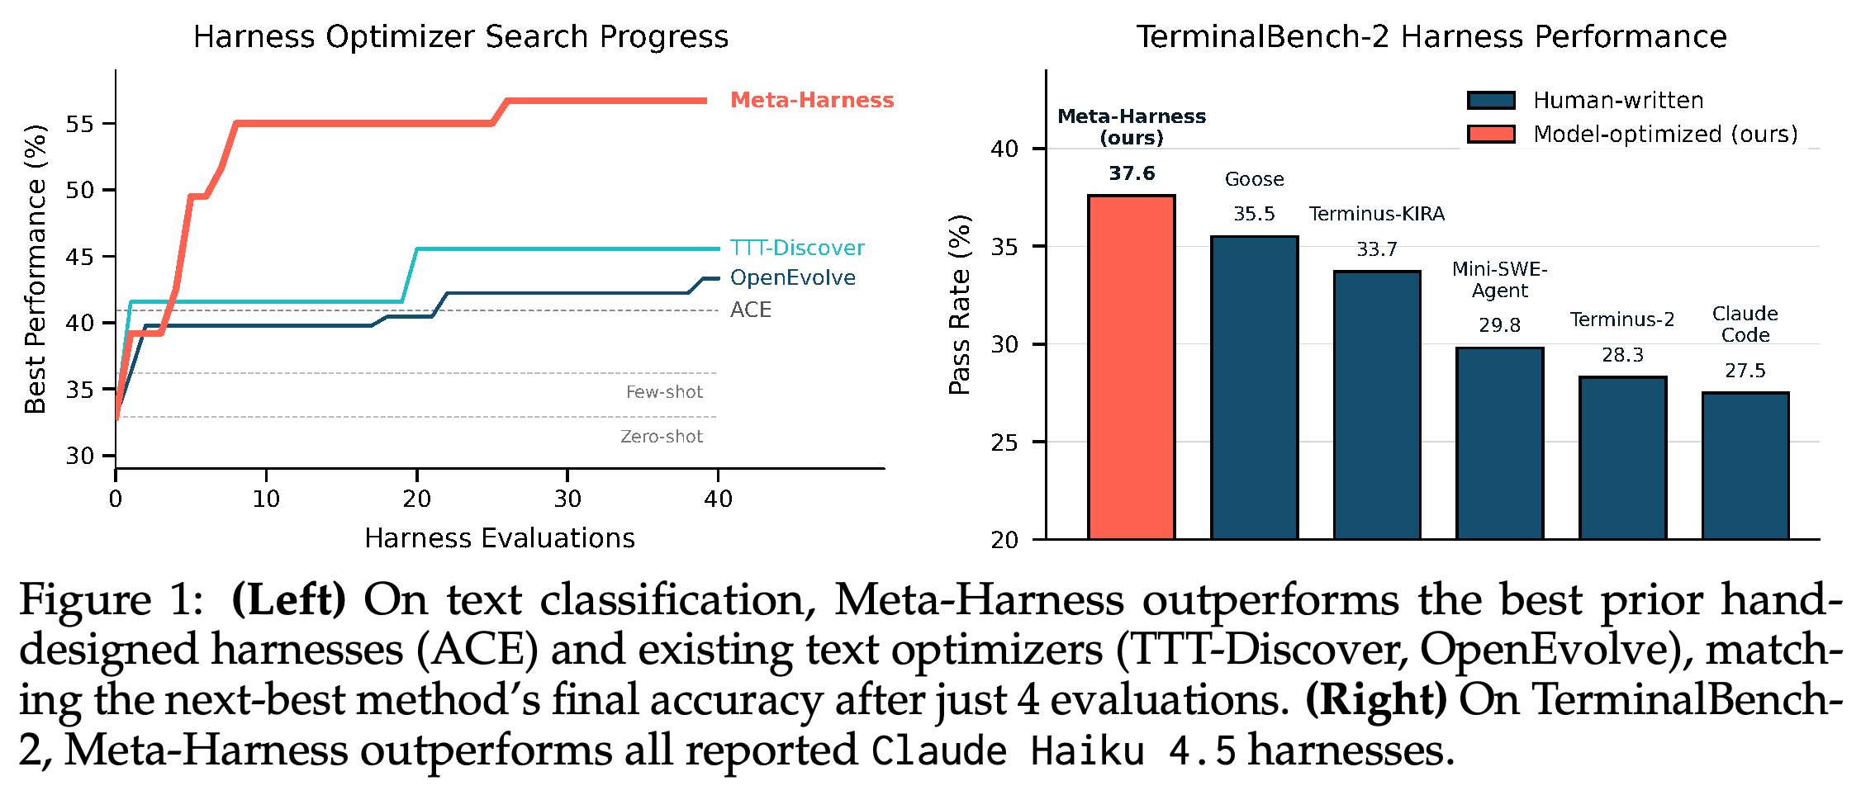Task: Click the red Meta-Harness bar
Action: [x=1131, y=367]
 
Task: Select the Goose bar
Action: [x=1254, y=388]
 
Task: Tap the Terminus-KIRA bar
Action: [x=1377, y=405]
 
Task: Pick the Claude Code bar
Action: [x=1745, y=466]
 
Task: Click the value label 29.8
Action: [x=1499, y=325]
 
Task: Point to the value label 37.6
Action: [x=1132, y=173]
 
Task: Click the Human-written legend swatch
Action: [x=1491, y=101]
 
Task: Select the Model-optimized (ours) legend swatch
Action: [x=1491, y=134]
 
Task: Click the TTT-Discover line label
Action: [x=797, y=248]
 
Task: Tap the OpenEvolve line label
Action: [x=793, y=277]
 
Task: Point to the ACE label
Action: [x=751, y=310]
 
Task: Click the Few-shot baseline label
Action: [x=664, y=392]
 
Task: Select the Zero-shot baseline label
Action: [x=662, y=437]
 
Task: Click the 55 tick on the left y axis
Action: [x=80, y=124]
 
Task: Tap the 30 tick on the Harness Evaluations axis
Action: [x=567, y=499]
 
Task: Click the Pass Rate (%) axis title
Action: [x=959, y=305]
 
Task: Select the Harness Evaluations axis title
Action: [x=500, y=538]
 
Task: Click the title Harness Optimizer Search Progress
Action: [x=461, y=37]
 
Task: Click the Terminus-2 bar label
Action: [x=1622, y=319]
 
